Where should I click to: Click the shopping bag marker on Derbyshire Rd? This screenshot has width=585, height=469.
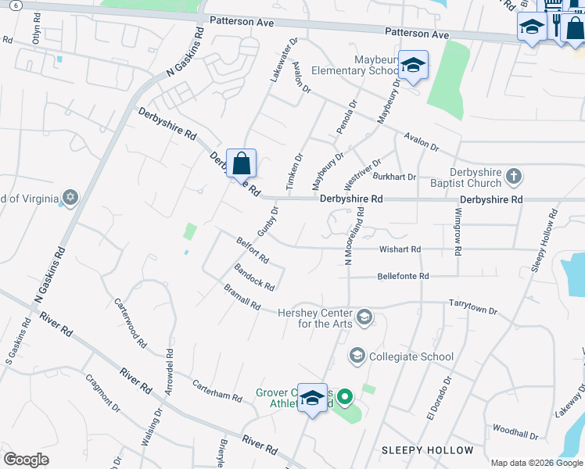242,164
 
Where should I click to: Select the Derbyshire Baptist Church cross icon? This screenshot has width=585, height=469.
514,177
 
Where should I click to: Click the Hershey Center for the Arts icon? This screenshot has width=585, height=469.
364,317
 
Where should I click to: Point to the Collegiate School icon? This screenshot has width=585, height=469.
357,356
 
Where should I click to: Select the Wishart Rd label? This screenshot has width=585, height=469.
400,249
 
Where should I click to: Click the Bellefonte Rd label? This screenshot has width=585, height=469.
403,276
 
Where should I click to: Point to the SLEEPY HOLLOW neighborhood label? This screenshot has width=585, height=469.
427,450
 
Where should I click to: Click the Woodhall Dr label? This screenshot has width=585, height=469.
515,431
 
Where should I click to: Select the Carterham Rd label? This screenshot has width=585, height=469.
217,391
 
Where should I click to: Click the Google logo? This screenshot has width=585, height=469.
26,460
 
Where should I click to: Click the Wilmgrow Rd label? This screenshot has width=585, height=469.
458,229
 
